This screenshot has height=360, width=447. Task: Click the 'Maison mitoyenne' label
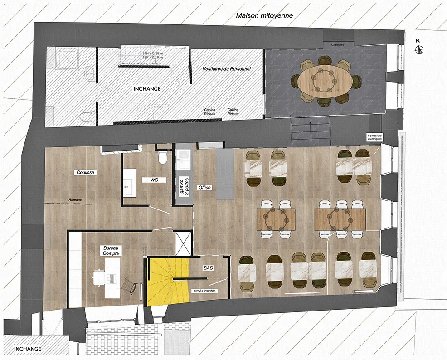point(264,15)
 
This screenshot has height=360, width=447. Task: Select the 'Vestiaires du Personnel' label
point(226,68)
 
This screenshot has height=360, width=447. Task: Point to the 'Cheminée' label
point(338,45)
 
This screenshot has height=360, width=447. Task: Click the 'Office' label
point(205,187)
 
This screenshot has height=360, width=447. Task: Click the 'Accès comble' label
point(204,291)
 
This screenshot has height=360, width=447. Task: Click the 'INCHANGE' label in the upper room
point(146,88)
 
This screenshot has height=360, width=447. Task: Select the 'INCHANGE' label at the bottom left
point(28,349)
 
